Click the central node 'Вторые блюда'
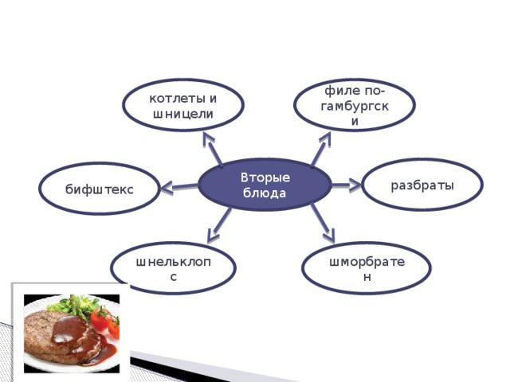coord(265,185)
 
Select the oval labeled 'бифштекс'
coord(100,189)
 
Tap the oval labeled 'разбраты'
coord(422,185)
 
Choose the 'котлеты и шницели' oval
coord(183,105)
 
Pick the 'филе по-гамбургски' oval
coord(355,105)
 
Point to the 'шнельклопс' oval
coord(174,268)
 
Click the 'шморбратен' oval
coord(367,268)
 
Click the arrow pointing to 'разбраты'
coord(347,185)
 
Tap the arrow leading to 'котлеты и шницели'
coord(213,149)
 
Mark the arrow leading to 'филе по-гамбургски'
coord(320,150)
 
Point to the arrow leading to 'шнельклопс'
coord(219,225)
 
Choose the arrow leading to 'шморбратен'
coord(323,224)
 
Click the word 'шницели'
coord(182,114)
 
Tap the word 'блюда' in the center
coord(265,193)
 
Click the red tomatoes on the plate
coord(105,321)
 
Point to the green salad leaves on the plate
coord(74,306)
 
